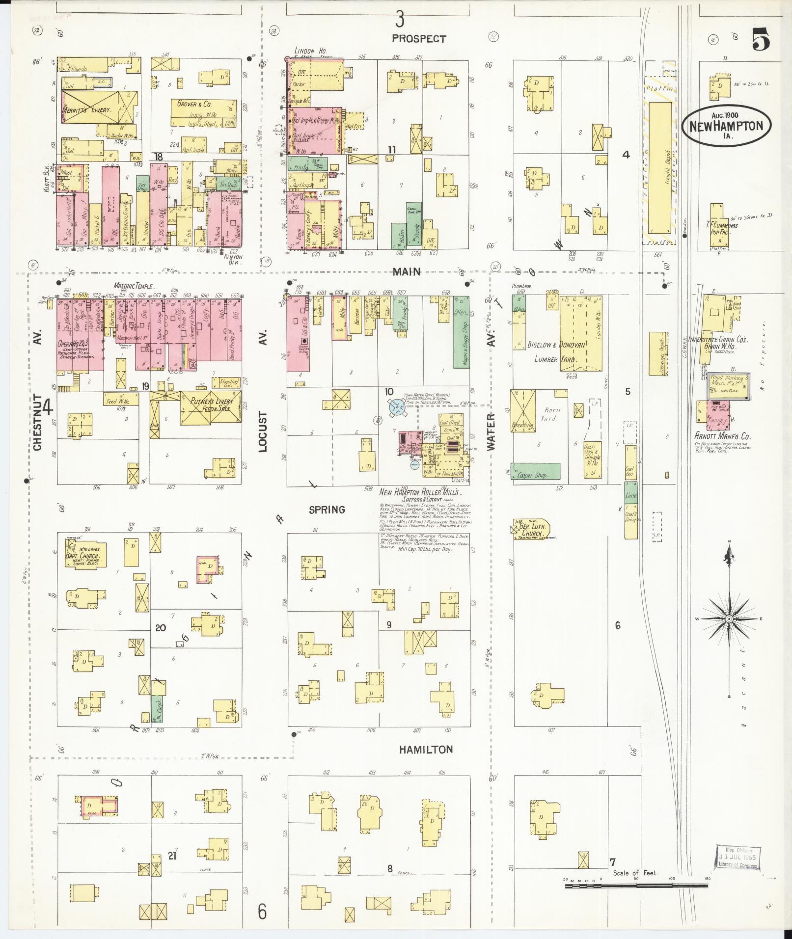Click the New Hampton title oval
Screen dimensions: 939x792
coord(726,125)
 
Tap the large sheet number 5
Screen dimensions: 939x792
coord(760,40)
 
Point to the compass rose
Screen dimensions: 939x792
coord(729,619)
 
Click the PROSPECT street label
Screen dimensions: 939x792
coord(419,39)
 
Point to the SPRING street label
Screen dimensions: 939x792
coord(327,510)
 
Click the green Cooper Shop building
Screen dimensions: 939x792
coord(535,471)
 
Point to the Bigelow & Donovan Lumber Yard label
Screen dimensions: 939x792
coord(557,352)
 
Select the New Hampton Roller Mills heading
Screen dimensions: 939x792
coord(421,492)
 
